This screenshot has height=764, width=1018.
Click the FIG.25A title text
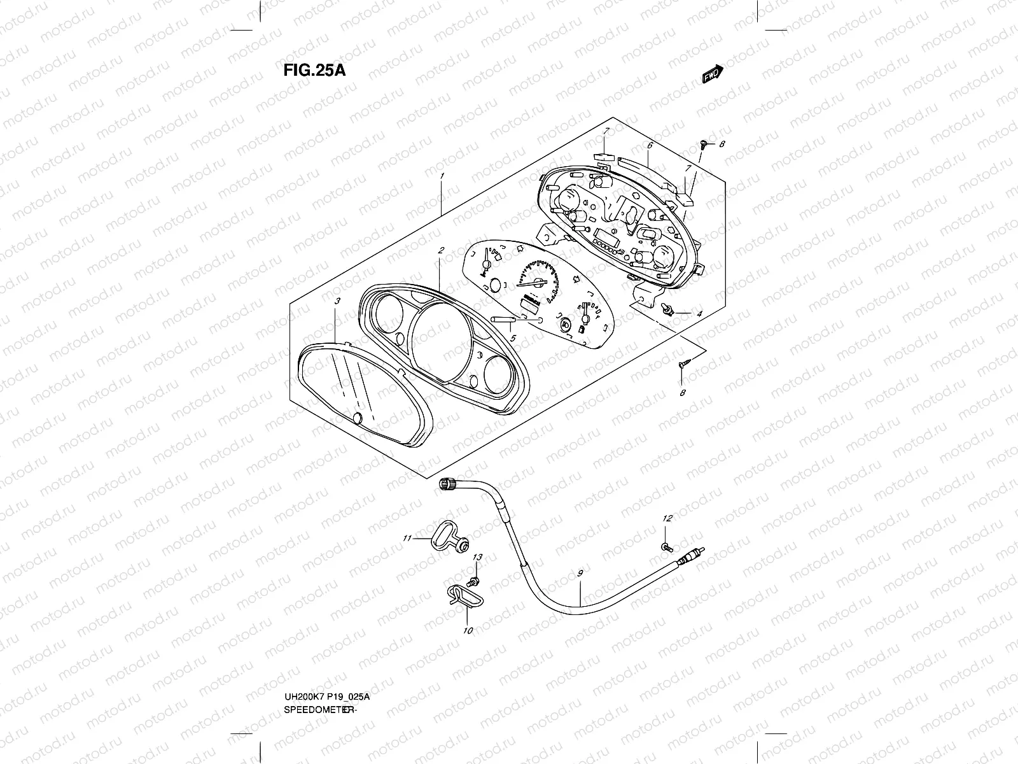coord(314,70)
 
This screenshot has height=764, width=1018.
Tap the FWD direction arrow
coord(713,74)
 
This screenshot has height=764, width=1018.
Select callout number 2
coord(440,251)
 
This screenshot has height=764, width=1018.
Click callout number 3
coord(337,301)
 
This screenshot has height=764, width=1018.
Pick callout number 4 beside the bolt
coord(699,314)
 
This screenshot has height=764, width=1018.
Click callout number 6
coord(650,146)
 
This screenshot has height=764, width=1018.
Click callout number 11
coord(407,539)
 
